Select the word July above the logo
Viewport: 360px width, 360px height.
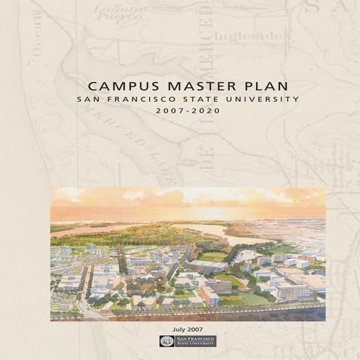pos(172,329)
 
